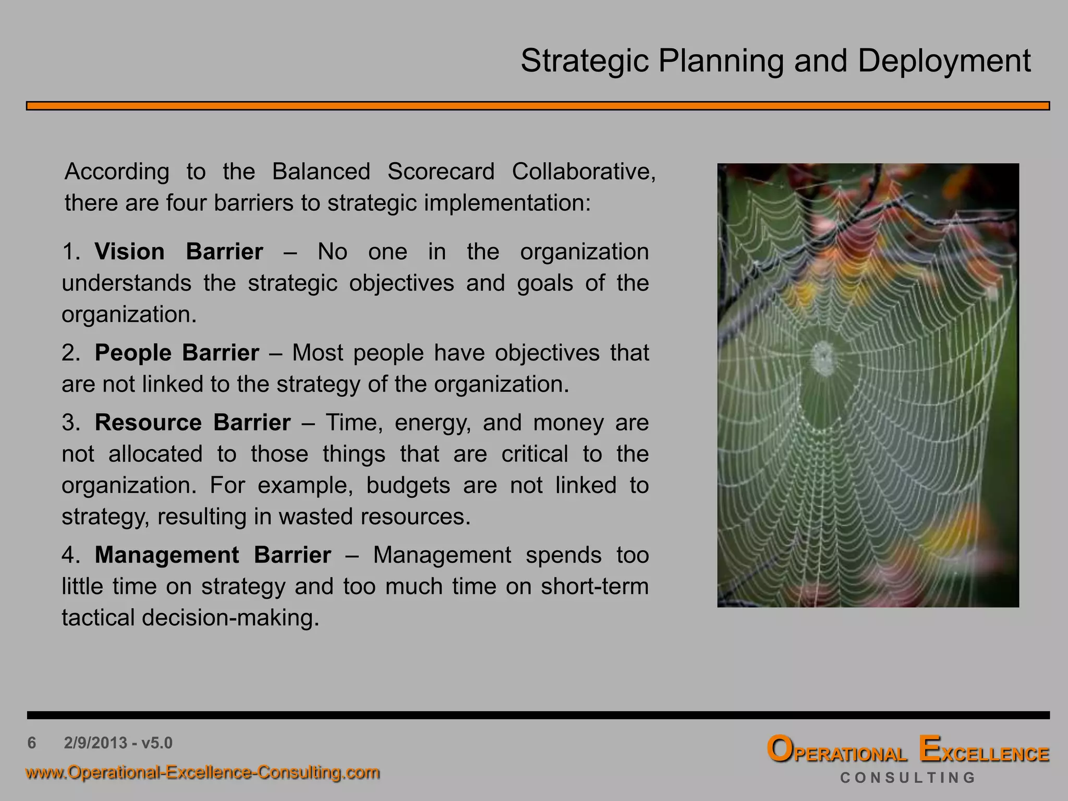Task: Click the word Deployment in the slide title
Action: (944, 62)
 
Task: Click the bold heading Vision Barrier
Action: (178, 252)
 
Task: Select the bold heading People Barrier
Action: (176, 353)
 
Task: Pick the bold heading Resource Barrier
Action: (192, 423)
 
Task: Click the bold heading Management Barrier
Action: (212, 555)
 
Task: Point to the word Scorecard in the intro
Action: (441, 172)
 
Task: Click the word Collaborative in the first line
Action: (583, 172)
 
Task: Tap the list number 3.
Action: (69, 423)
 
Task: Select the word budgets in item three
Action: (408, 486)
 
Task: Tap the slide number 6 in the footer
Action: (32, 743)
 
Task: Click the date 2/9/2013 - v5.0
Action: (118, 743)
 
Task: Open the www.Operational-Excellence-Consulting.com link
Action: (203, 772)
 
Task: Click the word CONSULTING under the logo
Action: (907, 778)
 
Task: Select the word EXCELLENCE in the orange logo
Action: (984, 751)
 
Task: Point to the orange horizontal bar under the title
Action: (538, 106)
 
